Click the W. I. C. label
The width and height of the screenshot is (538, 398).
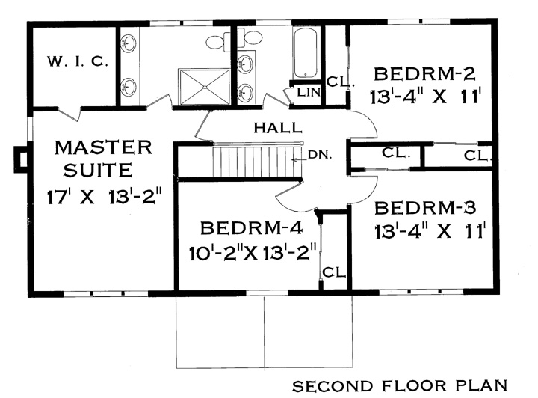(x=78, y=62)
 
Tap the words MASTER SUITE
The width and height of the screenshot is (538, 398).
(x=103, y=159)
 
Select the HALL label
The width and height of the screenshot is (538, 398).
(x=278, y=128)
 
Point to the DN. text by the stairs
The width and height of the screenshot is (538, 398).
(x=320, y=155)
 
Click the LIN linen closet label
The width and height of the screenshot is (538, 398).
(x=309, y=92)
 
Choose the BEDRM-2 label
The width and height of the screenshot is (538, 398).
(x=424, y=74)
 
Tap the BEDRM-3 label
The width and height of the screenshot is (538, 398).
(x=425, y=208)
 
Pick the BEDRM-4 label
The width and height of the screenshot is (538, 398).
(x=252, y=228)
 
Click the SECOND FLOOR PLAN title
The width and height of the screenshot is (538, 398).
(x=400, y=385)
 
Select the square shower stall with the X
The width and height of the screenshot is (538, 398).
(x=204, y=87)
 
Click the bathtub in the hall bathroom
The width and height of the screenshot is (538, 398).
(x=305, y=53)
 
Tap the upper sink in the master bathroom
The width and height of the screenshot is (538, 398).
(x=128, y=43)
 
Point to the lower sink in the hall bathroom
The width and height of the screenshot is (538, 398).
(x=246, y=91)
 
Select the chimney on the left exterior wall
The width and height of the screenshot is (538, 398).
(x=21, y=159)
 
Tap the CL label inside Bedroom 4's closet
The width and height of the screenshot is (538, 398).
(x=333, y=272)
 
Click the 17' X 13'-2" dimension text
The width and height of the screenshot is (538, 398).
(x=104, y=198)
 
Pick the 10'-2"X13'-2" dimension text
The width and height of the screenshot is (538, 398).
(x=253, y=253)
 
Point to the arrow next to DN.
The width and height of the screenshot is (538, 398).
(x=298, y=159)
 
